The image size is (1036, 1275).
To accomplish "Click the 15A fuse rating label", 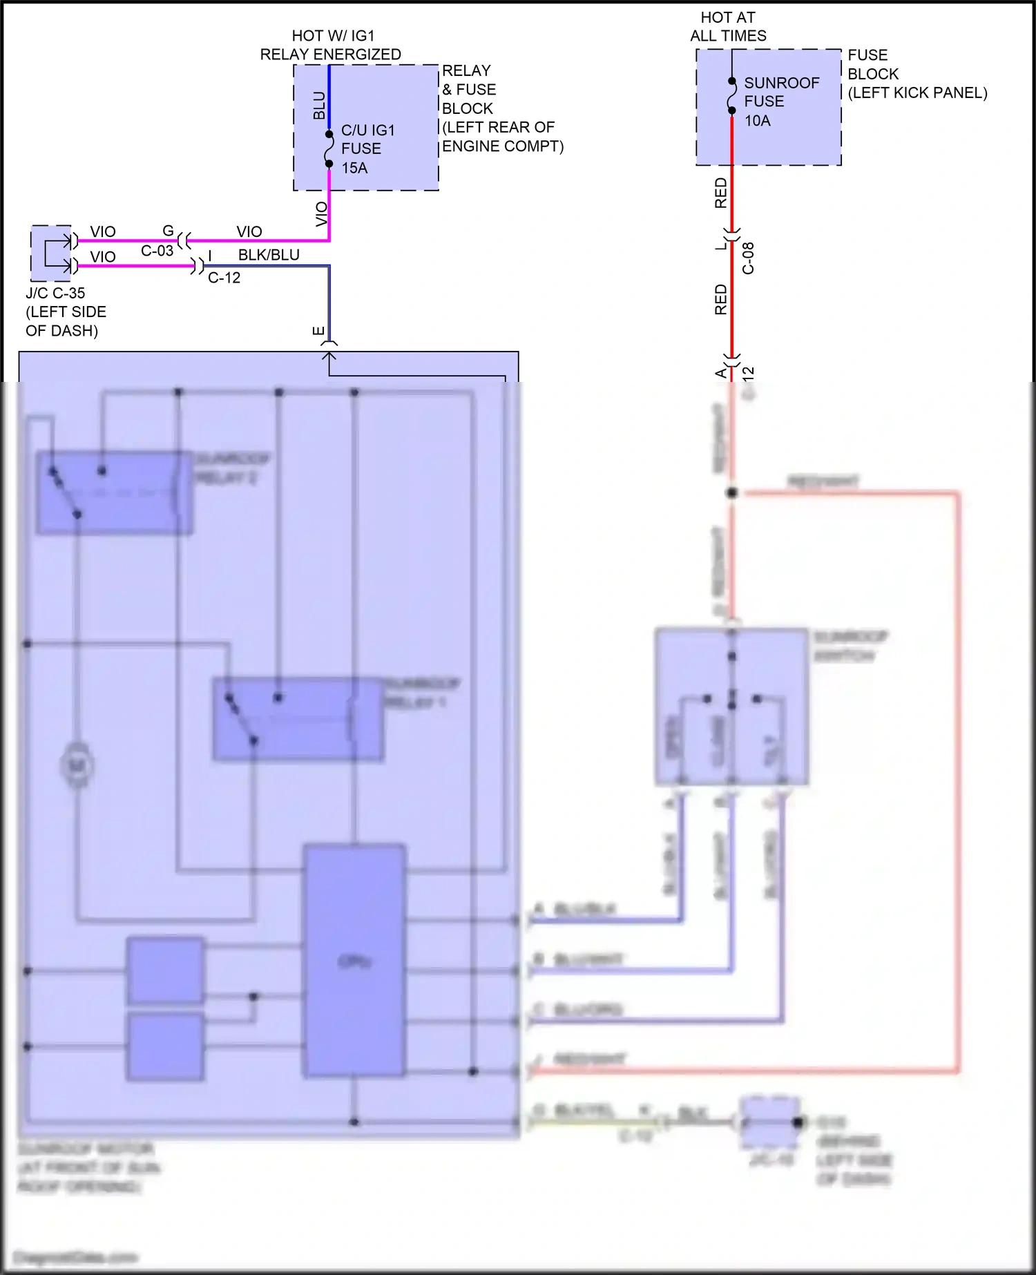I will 354,168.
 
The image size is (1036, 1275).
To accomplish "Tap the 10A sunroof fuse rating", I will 757,121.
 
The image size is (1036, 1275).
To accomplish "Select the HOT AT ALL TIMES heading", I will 728,26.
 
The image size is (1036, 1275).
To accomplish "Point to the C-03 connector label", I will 157,251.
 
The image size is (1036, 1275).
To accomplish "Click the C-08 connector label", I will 748,258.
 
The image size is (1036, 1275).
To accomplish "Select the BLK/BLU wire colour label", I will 269,255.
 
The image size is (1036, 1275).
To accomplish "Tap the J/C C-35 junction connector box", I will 51,253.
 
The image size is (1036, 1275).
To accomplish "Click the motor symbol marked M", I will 77,765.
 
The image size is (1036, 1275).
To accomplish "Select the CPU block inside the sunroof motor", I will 354,960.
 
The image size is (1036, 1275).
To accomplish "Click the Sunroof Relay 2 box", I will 114,492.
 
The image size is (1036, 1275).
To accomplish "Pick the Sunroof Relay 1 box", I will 298,719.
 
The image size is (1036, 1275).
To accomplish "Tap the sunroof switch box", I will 731,706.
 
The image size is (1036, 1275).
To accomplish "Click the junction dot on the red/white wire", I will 732,493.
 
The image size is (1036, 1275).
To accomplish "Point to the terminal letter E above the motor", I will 318,331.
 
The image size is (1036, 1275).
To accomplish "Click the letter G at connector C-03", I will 168,231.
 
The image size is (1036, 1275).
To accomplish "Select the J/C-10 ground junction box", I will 769,1122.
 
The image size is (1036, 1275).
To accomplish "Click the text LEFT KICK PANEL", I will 917,93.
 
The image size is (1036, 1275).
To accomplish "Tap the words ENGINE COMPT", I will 503,146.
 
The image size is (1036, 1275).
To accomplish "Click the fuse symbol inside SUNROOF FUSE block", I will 731,95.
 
